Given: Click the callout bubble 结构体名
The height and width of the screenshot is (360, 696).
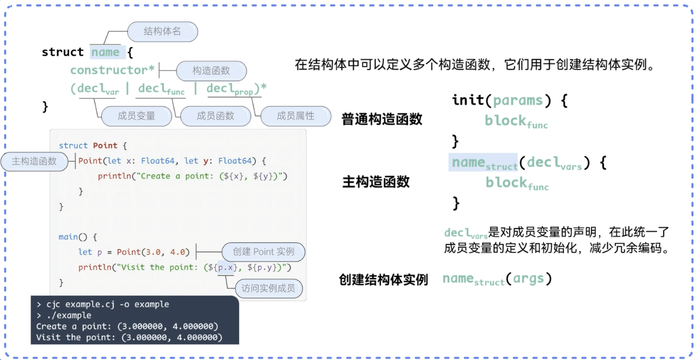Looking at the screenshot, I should (162, 32).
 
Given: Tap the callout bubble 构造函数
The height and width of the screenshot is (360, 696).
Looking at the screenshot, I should (211, 70).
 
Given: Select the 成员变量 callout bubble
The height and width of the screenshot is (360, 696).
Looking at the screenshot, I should (136, 116).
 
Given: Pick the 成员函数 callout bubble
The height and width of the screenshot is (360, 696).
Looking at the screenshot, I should (215, 116).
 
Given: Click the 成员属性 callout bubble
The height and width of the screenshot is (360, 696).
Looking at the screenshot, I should (295, 116).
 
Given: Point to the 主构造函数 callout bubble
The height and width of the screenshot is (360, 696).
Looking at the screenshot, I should (34, 161).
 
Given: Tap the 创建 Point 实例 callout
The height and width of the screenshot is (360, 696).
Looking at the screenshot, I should (263, 252).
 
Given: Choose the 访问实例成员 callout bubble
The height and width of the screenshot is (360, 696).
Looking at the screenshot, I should (268, 288).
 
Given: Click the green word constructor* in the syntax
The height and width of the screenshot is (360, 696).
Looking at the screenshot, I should (113, 70).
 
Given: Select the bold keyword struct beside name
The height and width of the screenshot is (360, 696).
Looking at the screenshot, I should (63, 52).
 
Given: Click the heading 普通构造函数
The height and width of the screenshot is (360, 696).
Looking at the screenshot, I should (382, 119).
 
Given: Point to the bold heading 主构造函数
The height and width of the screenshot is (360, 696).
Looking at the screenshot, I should (376, 182).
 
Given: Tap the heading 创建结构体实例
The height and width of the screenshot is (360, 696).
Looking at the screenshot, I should (383, 280).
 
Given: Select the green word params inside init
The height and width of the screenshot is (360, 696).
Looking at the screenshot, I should (518, 100).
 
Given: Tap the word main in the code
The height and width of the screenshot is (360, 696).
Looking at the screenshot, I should (68, 237).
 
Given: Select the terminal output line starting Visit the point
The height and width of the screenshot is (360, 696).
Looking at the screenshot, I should (129, 337).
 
